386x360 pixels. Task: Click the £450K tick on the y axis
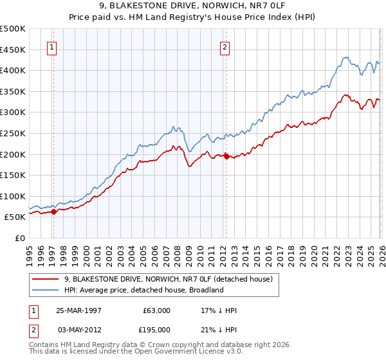click(x=14, y=50)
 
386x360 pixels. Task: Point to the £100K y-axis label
click(x=14, y=196)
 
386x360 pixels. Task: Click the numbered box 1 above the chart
click(x=51, y=46)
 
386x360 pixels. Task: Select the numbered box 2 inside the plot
click(x=225, y=46)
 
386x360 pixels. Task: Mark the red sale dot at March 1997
click(x=53, y=212)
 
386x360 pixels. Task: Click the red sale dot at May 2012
click(x=226, y=156)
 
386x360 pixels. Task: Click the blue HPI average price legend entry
click(x=143, y=290)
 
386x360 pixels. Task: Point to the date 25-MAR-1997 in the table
click(x=80, y=310)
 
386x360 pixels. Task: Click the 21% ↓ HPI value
click(x=219, y=328)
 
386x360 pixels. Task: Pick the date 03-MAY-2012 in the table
click(x=80, y=328)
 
